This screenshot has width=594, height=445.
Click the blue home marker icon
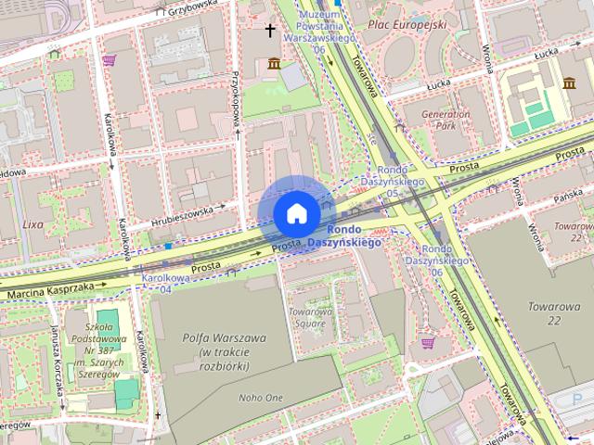pyautogui.click(x=295, y=213)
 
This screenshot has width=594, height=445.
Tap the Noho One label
pyautogui.click(x=260, y=397)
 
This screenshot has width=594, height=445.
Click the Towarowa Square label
pyautogui.click(x=310, y=318)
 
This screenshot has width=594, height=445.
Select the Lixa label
pyautogui.click(x=33, y=223)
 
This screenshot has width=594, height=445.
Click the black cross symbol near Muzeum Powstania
pyautogui.click(x=271, y=31)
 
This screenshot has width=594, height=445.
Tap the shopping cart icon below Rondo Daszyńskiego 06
pyautogui.click(x=427, y=343)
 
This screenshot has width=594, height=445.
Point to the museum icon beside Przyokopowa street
pyautogui.click(x=274, y=62)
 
